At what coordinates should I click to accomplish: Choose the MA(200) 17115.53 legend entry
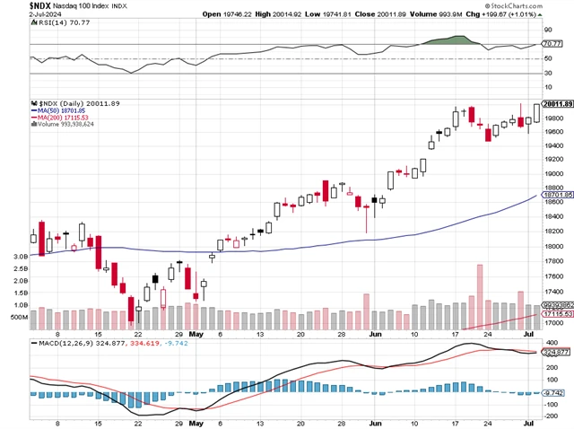pos(60,118)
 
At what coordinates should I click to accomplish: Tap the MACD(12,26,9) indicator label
pos(66,343)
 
